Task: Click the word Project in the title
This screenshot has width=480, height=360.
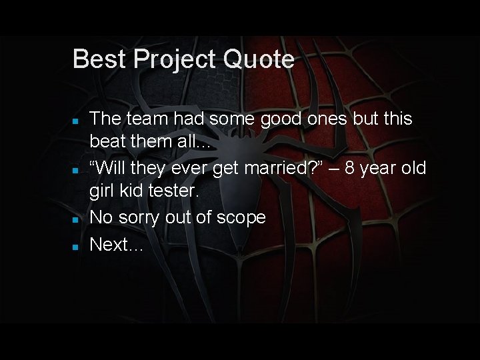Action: (175, 59)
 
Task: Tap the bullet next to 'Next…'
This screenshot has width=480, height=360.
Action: (77, 246)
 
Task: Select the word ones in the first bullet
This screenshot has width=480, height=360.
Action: (329, 119)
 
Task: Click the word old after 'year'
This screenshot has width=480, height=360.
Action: (413, 168)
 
